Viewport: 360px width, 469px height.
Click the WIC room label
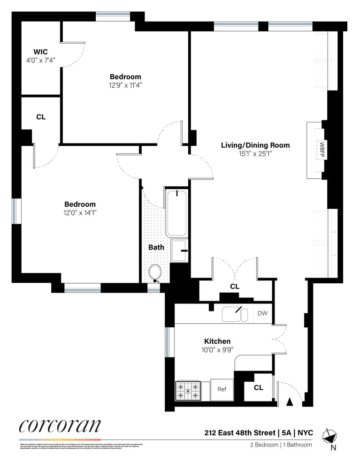pyautogui.click(x=40, y=51)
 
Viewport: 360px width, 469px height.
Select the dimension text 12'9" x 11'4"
pyautogui.click(x=125, y=85)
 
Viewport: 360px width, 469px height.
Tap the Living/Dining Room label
pyautogui.click(x=255, y=145)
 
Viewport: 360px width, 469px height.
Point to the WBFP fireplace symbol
pyautogui.click(x=322, y=150)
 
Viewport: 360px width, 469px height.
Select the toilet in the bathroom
pyautogui.click(x=155, y=272)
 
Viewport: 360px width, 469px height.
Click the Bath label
pyautogui.click(x=156, y=247)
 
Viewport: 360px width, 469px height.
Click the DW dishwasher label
pyautogui.click(x=262, y=313)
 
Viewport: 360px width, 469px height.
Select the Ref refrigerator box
pyautogui.click(x=222, y=389)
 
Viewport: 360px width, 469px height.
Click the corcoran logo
pyautogui.click(x=60, y=426)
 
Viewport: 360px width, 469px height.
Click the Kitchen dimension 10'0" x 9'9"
pyautogui.click(x=217, y=350)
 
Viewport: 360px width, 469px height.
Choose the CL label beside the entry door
pyautogui.click(x=258, y=388)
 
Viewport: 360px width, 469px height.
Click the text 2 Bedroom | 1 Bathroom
pyautogui.click(x=280, y=445)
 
